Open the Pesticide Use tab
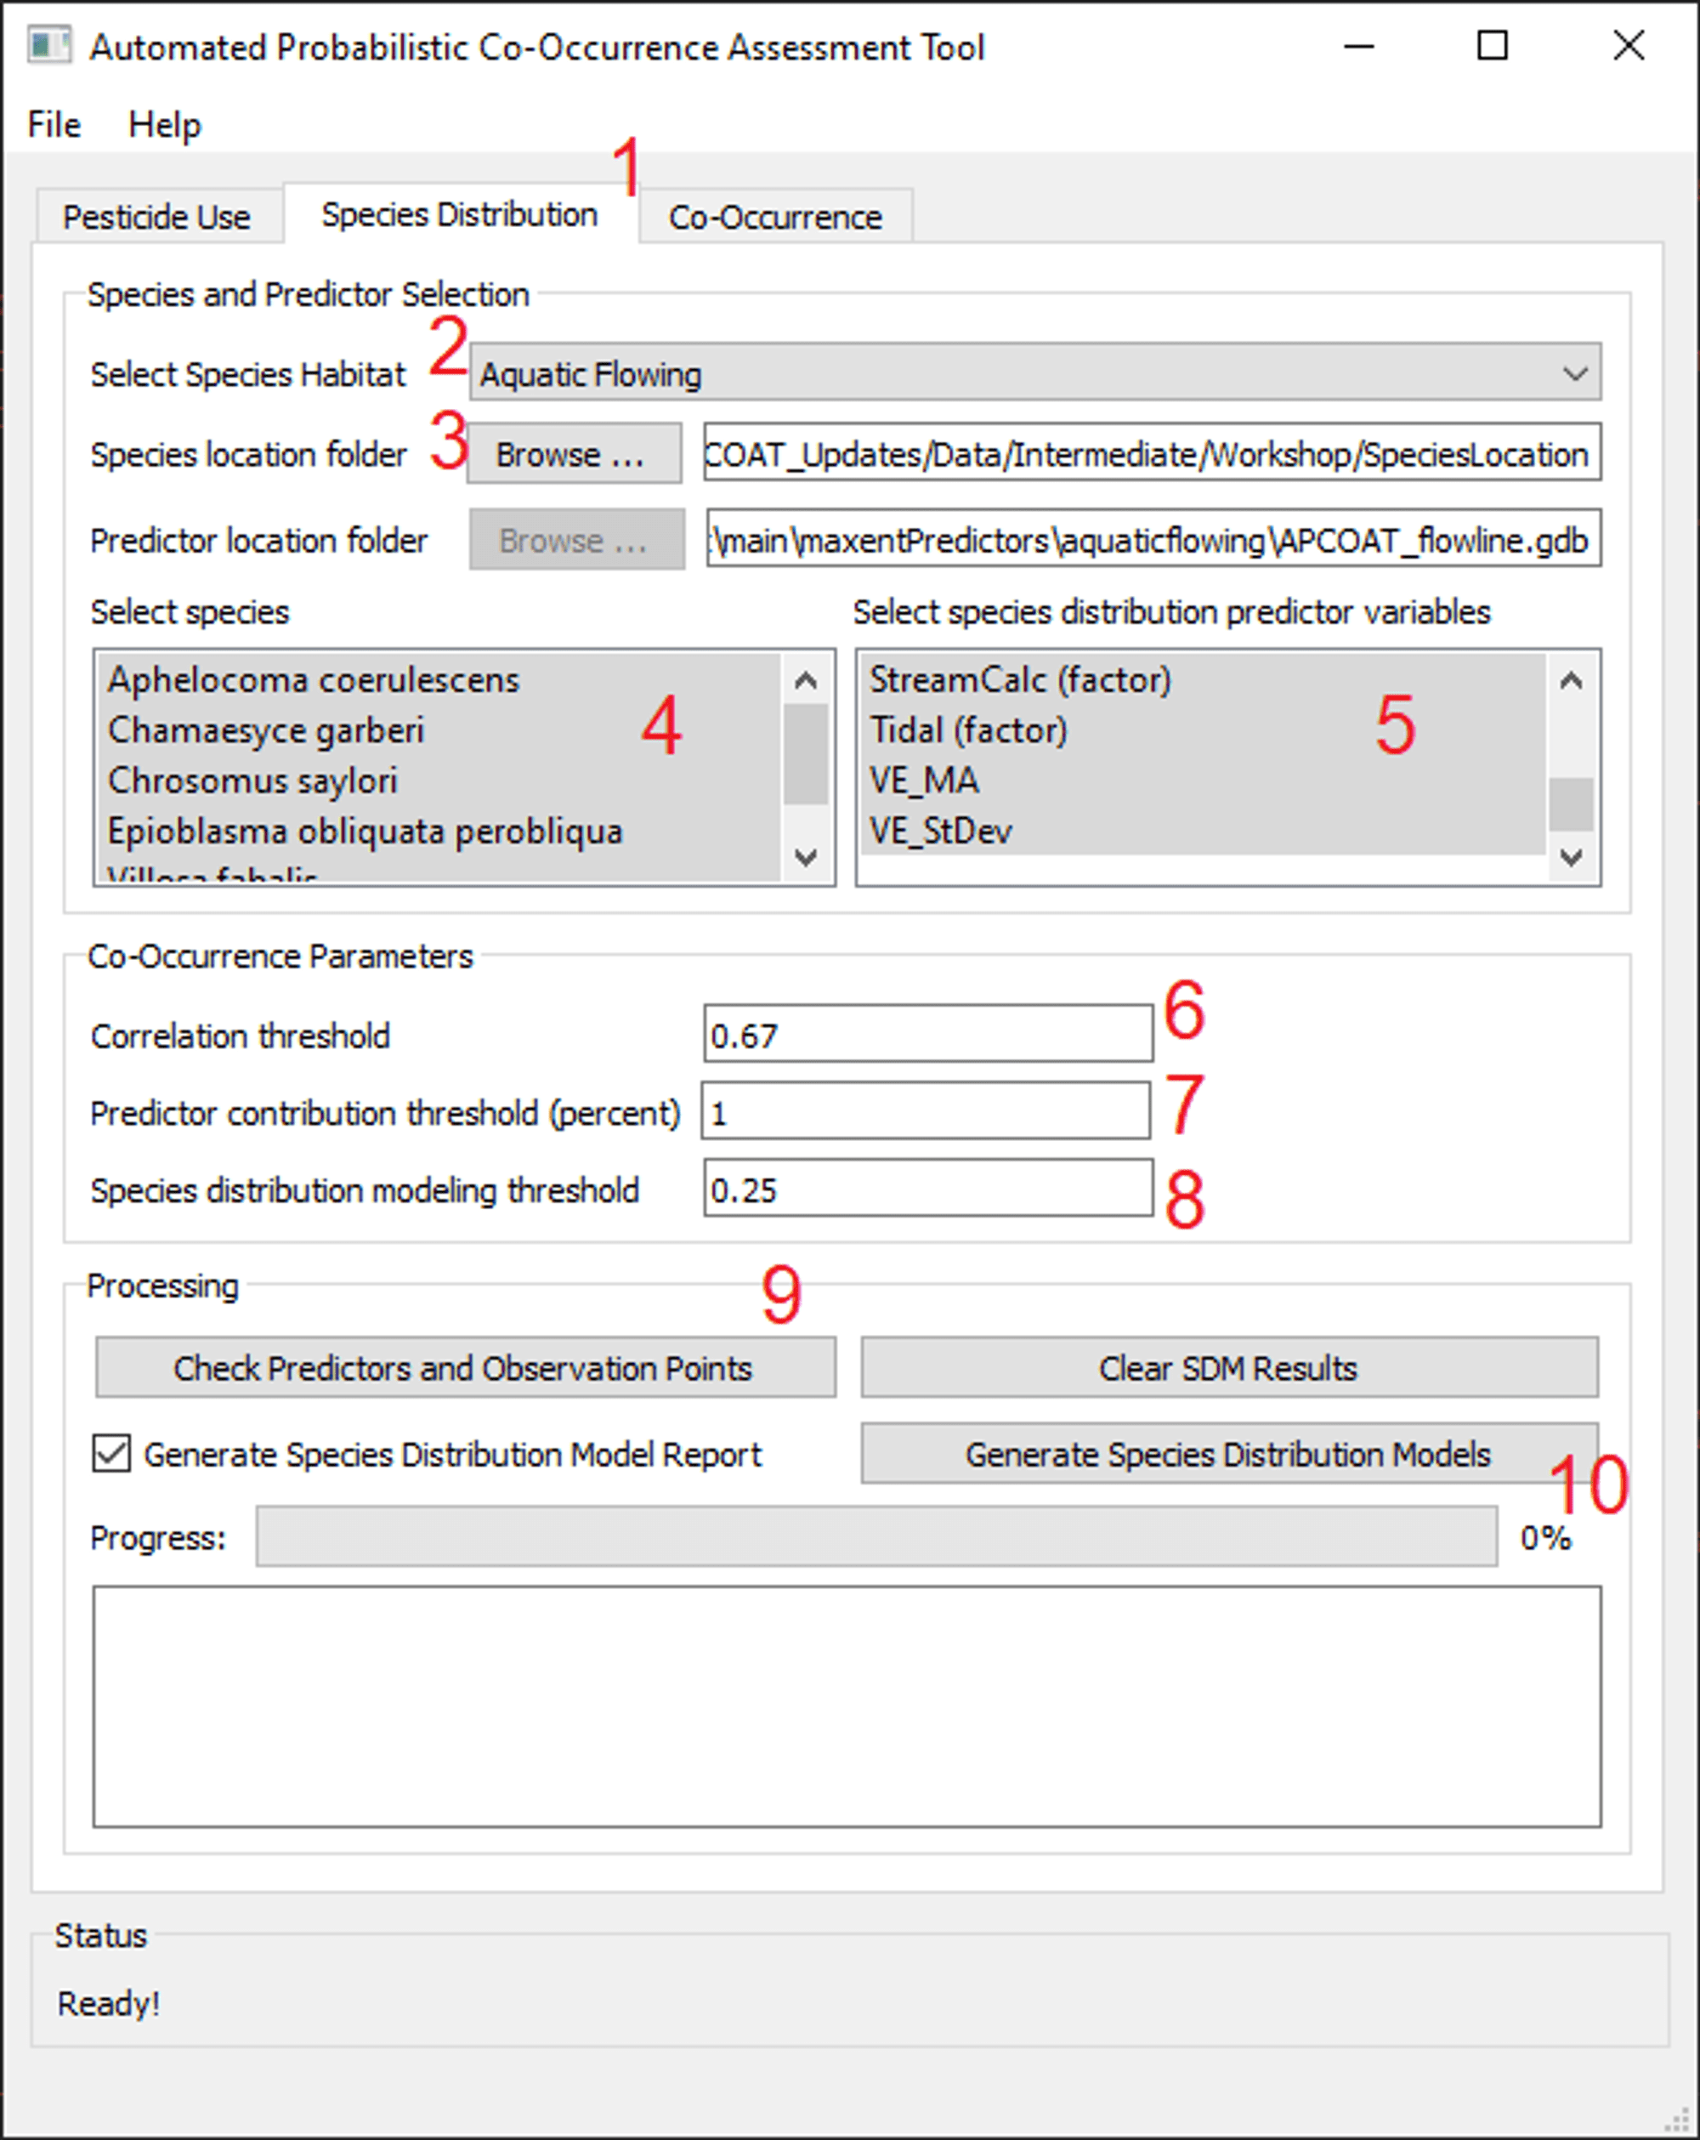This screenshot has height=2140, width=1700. point(156,217)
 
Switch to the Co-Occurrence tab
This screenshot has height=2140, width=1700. point(774,217)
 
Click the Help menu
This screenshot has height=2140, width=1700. point(164,125)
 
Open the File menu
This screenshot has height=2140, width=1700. point(54,125)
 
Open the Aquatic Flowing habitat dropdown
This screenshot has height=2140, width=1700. point(1034,373)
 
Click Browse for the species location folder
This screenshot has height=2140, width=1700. point(573,454)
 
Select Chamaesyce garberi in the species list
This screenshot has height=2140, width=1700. point(265,730)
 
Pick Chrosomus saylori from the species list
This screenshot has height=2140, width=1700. point(252,781)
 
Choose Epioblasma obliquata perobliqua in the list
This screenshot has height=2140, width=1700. point(364,832)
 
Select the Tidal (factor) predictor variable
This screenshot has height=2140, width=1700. point(967,730)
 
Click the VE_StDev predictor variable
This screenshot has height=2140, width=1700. point(940,832)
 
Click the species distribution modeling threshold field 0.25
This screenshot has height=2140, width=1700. point(926,1189)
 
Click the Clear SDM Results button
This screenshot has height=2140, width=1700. point(1227,1368)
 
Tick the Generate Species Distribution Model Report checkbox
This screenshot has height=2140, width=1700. point(111,1454)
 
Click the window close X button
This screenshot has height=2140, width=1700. point(1628,46)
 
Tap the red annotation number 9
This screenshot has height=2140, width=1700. point(781,1294)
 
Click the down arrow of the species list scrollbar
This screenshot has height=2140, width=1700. point(806,858)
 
